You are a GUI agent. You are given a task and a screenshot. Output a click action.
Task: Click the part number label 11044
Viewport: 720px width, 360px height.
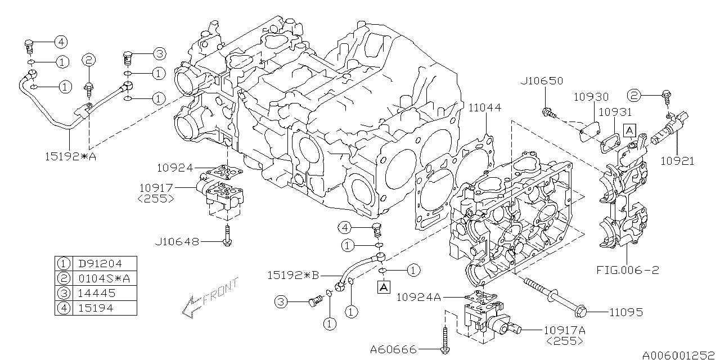click(x=484, y=107)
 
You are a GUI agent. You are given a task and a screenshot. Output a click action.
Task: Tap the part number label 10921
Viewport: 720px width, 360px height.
click(x=677, y=161)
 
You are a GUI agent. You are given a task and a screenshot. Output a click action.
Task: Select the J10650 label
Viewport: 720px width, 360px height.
click(x=542, y=80)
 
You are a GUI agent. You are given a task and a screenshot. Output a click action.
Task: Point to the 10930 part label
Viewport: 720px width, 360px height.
click(x=591, y=97)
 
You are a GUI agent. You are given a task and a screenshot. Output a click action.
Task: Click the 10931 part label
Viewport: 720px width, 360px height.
click(x=615, y=112)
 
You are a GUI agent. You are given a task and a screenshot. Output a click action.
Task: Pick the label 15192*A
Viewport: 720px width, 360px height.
click(x=71, y=156)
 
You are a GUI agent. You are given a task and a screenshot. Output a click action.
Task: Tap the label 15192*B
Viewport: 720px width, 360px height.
click(x=293, y=276)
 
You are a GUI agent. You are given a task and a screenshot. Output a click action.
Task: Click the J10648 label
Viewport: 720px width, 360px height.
click(x=177, y=241)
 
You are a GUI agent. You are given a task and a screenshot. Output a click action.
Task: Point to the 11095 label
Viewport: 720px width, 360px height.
click(x=626, y=312)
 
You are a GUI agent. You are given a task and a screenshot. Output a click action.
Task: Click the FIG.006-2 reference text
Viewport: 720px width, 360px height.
click(x=627, y=270)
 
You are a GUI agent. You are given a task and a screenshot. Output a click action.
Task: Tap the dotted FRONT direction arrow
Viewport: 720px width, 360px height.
click(x=210, y=298)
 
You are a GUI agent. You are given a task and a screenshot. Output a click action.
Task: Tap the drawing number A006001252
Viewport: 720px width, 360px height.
click(x=681, y=355)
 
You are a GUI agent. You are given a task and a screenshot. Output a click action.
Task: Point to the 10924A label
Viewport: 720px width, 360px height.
click(x=419, y=298)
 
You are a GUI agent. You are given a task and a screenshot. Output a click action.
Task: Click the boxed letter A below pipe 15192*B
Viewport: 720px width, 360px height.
click(x=384, y=287)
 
